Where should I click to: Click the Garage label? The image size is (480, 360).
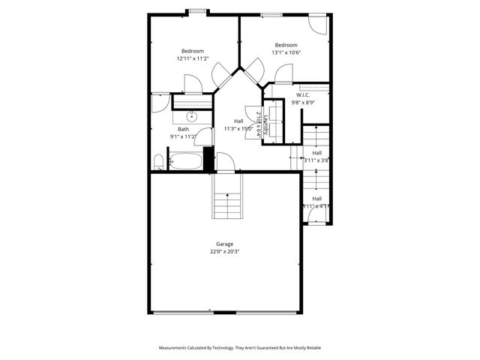click(x=224, y=244)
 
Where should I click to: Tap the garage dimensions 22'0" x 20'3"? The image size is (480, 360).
click(x=224, y=252)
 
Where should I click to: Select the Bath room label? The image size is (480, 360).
click(x=183, y=129)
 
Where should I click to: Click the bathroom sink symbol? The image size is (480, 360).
click(x=192, y=116)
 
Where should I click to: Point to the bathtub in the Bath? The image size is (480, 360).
click(x=185, y=160)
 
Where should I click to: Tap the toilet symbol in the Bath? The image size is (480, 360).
click(x=158, y=162)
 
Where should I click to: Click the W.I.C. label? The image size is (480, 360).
click(x=303, y=95)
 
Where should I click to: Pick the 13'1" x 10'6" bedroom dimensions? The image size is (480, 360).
click(x=286, y=52)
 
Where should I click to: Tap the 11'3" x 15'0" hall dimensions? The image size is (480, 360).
click(x=238, y=128)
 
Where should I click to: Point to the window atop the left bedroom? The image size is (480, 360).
click(x=198, y=11)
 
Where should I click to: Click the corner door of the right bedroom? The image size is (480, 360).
click(x=317, y=23)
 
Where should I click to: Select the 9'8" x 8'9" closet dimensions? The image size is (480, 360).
click(x=303, y=103)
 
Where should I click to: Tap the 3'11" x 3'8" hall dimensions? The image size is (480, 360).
click(x=316, y=160)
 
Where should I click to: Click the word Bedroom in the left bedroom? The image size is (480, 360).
click(x=192, y=51)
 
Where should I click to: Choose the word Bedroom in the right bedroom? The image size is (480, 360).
click(x=286, y=45)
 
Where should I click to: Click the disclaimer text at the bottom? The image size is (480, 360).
click(x=239, y=348)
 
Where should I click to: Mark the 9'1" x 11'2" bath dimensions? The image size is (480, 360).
click(x=183, y=136)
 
